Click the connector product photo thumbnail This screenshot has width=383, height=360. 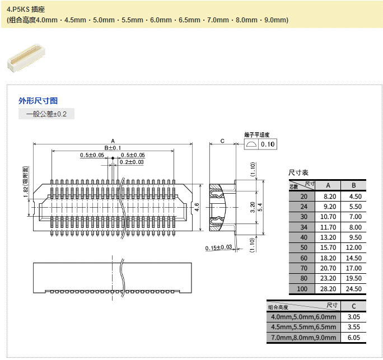(x=25, y=58)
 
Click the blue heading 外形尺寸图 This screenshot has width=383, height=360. (x=38, y=101)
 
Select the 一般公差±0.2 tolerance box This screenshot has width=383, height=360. (x=46, y=114)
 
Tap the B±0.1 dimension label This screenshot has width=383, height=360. (x=113, y=147)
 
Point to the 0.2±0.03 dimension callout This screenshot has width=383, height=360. (x=131, y=162)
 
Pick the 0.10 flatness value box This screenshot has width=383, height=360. (x=268, y=144)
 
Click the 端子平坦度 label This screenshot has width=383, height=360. (x=257, y=134)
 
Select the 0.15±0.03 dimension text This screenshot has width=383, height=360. (x=218, y=247)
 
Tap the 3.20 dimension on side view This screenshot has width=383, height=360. (x=253, y=207)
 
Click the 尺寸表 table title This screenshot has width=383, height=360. (x=298, y=172)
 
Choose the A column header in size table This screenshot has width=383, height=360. (x=328, y=185)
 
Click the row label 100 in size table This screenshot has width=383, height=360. (x=303, y=289)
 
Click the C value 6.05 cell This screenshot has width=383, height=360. (x=353, y=338)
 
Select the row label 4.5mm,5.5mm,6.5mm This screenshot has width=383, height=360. (x=303, y=327)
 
